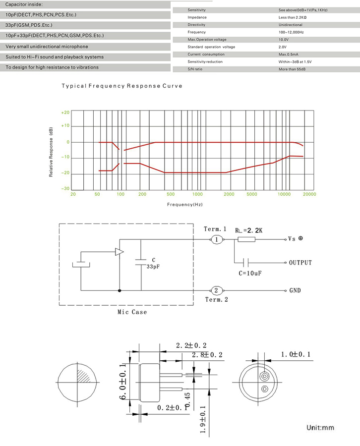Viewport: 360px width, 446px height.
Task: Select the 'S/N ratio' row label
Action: pos(195,69)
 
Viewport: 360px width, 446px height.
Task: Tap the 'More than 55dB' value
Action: pos(293,69)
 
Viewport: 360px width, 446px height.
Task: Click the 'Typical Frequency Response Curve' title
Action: pos(121,86)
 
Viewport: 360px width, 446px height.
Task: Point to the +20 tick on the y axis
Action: pos(65,112)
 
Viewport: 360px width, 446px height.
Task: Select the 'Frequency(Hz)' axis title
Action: pos(185,204)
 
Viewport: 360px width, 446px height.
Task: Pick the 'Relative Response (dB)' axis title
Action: pos(51,153)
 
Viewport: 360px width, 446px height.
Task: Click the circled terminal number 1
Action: pos(217,240)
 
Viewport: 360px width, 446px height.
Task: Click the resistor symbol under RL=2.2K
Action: pos(246,240)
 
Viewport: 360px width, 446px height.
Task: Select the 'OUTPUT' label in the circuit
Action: pos(300,263)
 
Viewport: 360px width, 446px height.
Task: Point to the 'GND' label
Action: pos(296,290)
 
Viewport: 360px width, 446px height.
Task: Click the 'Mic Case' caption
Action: pos(132,312)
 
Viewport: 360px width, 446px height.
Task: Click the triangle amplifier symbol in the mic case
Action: pos(119,252)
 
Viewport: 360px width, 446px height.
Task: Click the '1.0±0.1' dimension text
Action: pos(296,354)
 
